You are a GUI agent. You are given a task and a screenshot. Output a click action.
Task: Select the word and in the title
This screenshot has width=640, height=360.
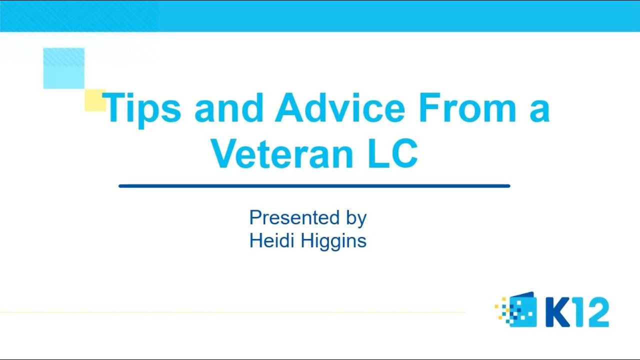pyautogui.click(x=228, y=107)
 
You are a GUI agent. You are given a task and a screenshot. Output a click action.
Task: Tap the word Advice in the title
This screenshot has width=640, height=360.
pyautogui.click(x=339, y=107)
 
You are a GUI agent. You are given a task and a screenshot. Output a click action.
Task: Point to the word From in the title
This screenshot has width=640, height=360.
pyautogui.click(x=467, y=107)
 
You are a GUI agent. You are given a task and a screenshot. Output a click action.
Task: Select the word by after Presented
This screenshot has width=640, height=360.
pyautogui.click(x=355, y=219)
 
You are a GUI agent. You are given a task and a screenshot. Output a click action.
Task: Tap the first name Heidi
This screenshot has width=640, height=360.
pyautogui.click(x=272, y=241)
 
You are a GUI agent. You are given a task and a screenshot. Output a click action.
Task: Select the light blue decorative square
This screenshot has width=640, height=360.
pyautogui.click(x=63, y=68)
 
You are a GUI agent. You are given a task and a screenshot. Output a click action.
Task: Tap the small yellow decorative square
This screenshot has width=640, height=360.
pyautogui.click(x=93, y=100)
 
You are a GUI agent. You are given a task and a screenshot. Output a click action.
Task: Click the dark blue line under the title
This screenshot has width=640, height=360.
pyautogui.click(x=314, y=186)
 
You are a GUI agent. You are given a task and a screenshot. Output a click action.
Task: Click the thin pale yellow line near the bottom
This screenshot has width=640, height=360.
pyautogui.click(x=232, y=312)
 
